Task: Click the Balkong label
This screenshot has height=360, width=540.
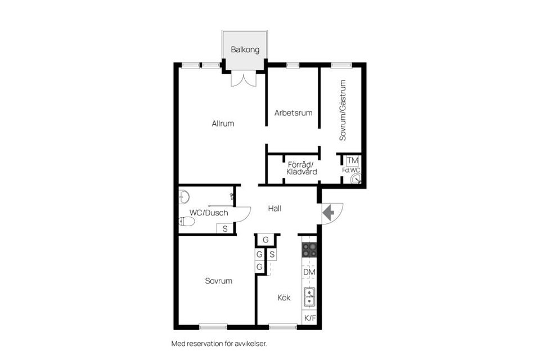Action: (245, 49)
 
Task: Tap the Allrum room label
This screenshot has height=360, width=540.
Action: (223, 124)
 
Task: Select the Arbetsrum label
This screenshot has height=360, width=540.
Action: (293, 113)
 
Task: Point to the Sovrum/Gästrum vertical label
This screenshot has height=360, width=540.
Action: (343, 110)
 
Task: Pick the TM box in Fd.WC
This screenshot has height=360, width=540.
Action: (352, 161)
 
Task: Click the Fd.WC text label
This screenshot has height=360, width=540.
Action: (351, 170)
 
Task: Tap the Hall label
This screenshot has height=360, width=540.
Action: (274, 208)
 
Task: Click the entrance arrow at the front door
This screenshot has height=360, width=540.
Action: (328, 212)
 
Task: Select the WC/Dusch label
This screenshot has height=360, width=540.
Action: (209, 213)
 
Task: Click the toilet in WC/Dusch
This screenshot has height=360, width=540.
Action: (187, 222)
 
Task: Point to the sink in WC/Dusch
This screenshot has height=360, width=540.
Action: (184, 197)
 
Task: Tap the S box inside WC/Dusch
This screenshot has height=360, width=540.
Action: (225, 228)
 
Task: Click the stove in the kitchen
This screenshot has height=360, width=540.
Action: (309, 250)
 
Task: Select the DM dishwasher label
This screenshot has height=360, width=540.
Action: (309, 272)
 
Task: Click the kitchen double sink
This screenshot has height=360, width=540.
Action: (309, 297)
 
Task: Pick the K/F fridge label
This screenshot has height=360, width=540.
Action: (309, 318)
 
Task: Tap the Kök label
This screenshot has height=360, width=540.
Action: (284, 298)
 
